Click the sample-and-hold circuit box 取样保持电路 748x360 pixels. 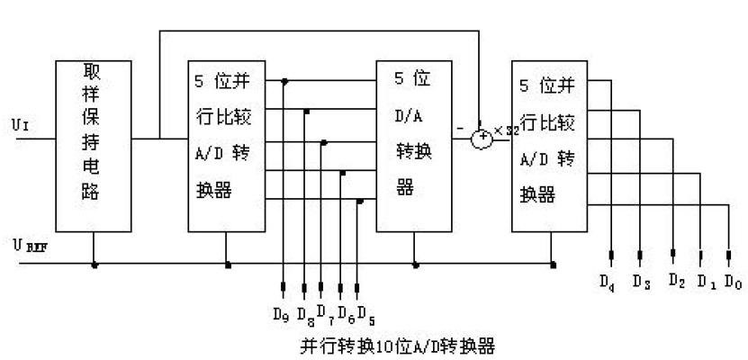coord(93,145)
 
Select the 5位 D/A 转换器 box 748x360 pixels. coord(413,145)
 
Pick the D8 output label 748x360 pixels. coord(305,316)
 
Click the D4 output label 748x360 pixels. coord(609,281)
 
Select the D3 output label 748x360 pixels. coord(641,282)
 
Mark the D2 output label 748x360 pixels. coord(677,280)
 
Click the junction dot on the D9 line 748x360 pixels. coord(285,82)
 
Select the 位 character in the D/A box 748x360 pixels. coord(420,78)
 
